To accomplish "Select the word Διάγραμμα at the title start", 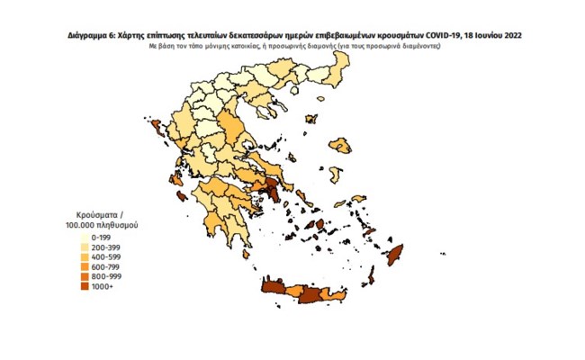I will [87, 34].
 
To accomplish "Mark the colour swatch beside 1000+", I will [84, 287].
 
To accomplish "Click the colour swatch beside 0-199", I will [84, 233].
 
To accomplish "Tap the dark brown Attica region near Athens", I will [270, 190].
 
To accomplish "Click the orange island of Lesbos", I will [340, 144].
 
